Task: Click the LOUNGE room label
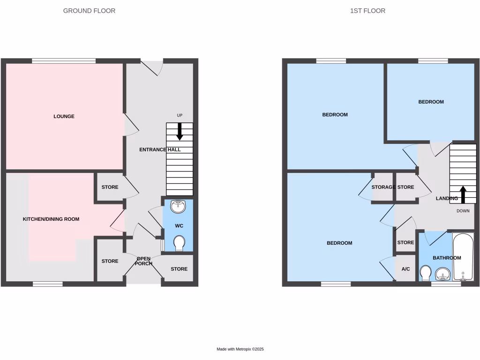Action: pos(64,116)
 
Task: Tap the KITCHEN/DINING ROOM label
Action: pos(51,219)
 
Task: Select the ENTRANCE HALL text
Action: pos(160,150)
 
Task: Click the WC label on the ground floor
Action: pos(179,226)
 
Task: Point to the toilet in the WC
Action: pos(179,243)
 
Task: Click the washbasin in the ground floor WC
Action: pos(178,206)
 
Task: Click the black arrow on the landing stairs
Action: pos(463,194)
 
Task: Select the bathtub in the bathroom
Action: pos(463,257)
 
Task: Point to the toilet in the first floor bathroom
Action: pos(426,273)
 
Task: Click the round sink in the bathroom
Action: pos(442,273)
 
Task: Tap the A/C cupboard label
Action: pos(405,269)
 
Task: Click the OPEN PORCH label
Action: pos(143,261)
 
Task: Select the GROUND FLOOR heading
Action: pos(89,11)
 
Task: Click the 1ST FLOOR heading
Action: pos(367,11)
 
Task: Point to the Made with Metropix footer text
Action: pos(240,349)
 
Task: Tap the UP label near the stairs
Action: pos(180,115)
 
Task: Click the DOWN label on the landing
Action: pos(463,211)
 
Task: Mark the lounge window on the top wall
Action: pos(64,60)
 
